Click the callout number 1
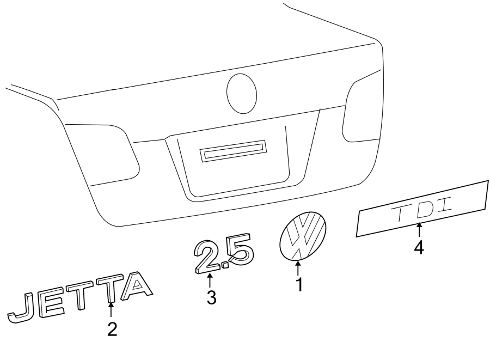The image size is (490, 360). [x=298, y=284]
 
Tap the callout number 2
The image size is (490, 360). [x=112, y=329]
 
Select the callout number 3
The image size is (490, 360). [x=211, y=297]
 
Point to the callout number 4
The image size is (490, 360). [x=418, y=248]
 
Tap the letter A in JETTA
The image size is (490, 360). [x=134, y=286]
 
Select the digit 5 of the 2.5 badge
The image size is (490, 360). [x=239, y=251]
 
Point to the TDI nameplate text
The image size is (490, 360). [x=422, y=211]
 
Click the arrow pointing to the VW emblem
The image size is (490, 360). [x=298, y=268]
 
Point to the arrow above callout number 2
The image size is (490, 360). [x=112, y=310]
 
